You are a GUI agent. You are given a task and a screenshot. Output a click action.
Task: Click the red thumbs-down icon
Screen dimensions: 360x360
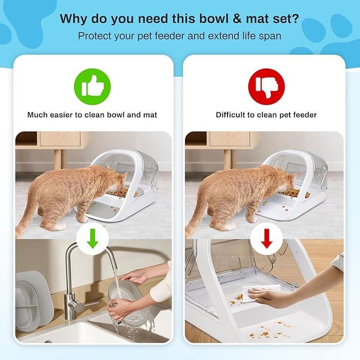coord(266,86)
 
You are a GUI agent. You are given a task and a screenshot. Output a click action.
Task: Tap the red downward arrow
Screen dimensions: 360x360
coord(266,239)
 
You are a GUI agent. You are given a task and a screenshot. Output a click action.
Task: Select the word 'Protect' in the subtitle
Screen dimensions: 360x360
coord(94,36)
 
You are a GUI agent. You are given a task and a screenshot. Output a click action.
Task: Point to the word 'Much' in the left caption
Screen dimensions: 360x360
coord(39,115)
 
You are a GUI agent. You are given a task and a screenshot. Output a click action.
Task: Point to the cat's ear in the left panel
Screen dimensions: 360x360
coord(109,169)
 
